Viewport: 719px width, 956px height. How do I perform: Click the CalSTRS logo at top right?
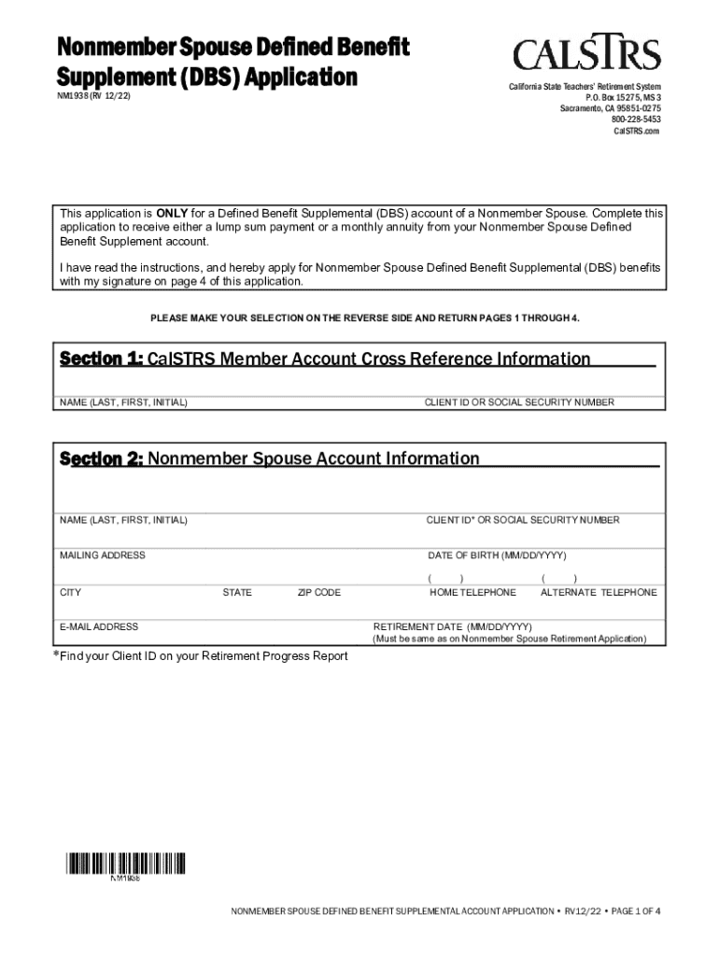coord(585,55)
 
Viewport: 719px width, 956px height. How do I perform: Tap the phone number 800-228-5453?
coord(636,119)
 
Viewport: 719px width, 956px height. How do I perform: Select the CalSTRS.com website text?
coord(636,132)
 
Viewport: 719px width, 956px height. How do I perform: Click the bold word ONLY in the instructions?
coord(172,213)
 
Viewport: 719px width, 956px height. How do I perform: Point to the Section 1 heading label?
coord(101,359)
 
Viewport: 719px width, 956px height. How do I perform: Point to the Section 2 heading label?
coord(101,459)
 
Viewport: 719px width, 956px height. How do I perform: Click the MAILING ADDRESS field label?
coord(103,555)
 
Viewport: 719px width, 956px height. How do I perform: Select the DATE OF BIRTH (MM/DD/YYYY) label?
coord(497,555)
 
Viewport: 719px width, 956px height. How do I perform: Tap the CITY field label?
coord(71,593)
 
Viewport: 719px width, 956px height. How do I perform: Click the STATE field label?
coord(237,593)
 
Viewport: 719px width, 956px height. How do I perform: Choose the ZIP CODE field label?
coord(319,593)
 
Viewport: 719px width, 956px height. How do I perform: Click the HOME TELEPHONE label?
coord(472,593)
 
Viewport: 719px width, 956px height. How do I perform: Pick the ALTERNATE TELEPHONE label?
coord(599,593)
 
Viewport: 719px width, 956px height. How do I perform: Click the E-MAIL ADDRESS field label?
coord(99,626)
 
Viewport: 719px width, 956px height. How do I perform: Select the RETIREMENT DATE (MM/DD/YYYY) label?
coord(453,626)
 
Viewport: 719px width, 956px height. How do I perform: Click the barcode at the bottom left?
coord(124,865)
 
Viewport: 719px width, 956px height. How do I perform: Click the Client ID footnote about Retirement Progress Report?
coord(200,656)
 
